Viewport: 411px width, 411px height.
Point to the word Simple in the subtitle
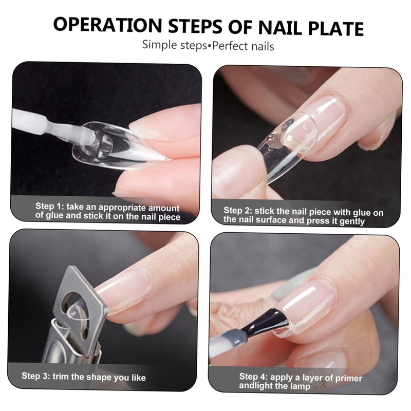(x=160, y=46)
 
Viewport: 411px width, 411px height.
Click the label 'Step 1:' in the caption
(x=51, y=207)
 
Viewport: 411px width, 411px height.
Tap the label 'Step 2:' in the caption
(x=239, y=211)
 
